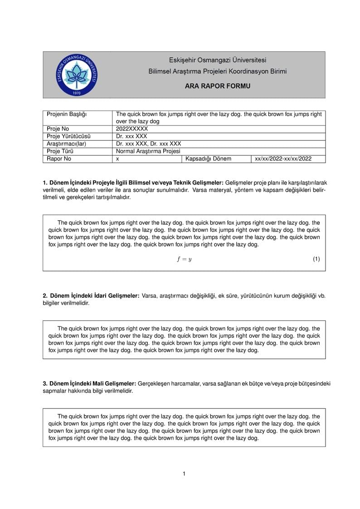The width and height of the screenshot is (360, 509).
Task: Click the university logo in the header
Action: click(x=76, y=74)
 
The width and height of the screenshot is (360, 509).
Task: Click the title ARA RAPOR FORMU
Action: click(x=217, y=86)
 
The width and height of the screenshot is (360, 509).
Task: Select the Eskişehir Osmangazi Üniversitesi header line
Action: click(x=217, y=60)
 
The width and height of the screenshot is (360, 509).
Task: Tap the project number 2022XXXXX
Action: click(x=132, y=129)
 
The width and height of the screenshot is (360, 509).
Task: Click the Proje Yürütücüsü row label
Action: click(x=68, y=136)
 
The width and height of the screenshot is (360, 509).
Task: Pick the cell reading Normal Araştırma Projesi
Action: click(x=148, y=151)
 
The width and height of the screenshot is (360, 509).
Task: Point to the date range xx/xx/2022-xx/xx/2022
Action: click(x=283, y=159)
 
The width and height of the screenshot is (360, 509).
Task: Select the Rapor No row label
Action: click(x=59, y=159)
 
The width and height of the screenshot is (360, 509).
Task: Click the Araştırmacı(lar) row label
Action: click(x=66, y=144)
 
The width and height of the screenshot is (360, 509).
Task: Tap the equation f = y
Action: click(x=184, y=259)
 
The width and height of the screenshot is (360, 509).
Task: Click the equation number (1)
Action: click(x=316, y=259)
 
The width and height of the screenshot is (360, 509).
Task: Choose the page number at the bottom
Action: click(x=184, y=474)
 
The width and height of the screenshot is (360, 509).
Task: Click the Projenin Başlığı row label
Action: click(x=67, y=114)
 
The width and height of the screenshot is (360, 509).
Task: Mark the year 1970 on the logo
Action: click(x=76, y=93)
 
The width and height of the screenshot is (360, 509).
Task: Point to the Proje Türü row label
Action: click(x=60, y=151)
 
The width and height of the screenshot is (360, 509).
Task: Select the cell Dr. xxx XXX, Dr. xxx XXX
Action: click(x=148, y=144)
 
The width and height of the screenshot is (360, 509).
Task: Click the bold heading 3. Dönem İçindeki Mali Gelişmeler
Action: click(x=89, y=383)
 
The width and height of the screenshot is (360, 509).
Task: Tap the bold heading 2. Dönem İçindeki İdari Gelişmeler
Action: click(x=91, y=296)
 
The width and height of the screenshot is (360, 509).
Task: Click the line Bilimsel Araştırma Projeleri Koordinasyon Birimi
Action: click(x=217, y=72)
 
